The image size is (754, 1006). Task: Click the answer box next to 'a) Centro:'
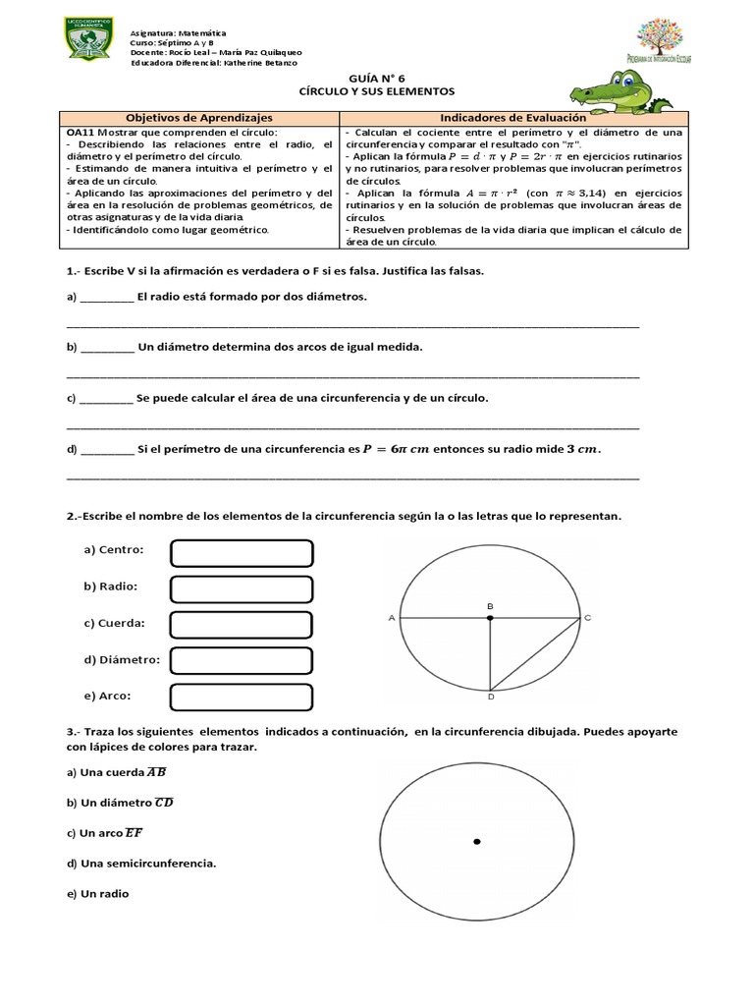pyautogui.click(x=242, y=553)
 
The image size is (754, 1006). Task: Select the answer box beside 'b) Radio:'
pyautogui.click(x=242, y=588)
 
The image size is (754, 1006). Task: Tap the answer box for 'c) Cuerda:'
pyautogui.click(x=242, y=625)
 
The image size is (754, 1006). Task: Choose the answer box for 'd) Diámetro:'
pyautogui.click(x=242, y=660)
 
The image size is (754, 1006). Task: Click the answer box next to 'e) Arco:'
pyautogui.click(x=242, y=697)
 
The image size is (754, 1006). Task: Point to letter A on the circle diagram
pyautogui.click(x=392, y=618)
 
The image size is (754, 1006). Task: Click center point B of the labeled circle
pyautogui.click(x=490, y=618)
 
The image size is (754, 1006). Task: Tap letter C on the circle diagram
pyautogui.click(x=587, y=617)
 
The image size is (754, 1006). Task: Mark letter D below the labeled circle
pyautogui.click(x=490, y=698)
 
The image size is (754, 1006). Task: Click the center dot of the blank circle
pyautogui.click(x=477, y=841)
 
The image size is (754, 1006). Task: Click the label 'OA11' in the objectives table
pyautogui.click(x=80, y=133)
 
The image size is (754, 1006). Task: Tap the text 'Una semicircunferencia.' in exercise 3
pyautogui.click(x=141, y=864)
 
